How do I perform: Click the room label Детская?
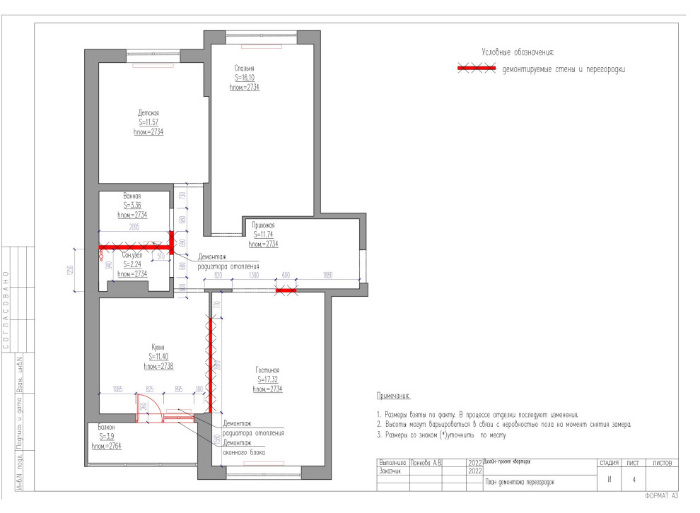pos(148,113)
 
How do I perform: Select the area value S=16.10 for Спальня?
pos(244,78)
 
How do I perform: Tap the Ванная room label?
pos(132,196)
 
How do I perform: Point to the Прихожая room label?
pos(263,225)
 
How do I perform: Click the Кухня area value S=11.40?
pos(158,357)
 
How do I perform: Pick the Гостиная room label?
pos(267,370)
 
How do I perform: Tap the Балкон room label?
pos(103,428)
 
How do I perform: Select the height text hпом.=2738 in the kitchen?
pos(158,366)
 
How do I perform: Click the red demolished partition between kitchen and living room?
pos(210,364)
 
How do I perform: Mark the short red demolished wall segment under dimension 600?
pos(286,290)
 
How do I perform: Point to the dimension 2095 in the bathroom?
pos(134,228)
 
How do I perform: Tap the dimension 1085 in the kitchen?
pos(117,389)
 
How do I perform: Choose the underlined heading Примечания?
pos(393,397)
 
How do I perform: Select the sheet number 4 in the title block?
pos(634,480)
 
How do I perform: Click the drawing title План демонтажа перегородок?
pos(519,483)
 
